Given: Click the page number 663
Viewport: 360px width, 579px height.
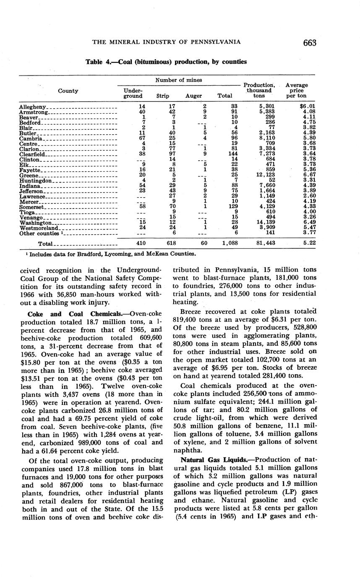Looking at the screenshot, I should click(x=308, y=42).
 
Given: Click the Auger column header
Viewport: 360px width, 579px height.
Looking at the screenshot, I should click(x=193, y=96).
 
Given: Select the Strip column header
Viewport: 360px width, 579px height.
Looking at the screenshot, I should click(x=162, y=96).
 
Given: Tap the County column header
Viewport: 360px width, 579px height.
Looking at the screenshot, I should click(x=68, y=91).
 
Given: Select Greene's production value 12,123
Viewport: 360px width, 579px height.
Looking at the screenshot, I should click(x=266, y=175).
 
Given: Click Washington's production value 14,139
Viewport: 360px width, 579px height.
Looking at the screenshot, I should click(x=266, y=223).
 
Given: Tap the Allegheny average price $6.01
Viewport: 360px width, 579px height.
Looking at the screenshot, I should click(x=307, y=107).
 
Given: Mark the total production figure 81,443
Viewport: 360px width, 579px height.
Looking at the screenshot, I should click(x=266, y=243).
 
